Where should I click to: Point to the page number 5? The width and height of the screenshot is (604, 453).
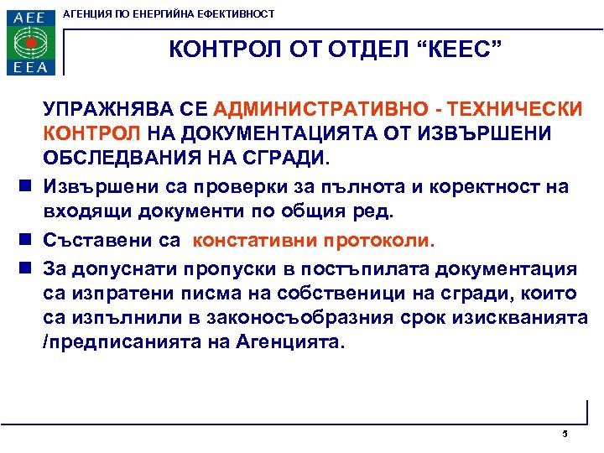[x=565, y=434]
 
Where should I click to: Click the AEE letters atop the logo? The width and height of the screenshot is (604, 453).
[x=30, y=17]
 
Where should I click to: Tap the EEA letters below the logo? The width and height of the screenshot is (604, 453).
[x=30, y=67]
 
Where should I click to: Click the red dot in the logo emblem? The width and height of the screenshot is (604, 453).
[x=31, y=42]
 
